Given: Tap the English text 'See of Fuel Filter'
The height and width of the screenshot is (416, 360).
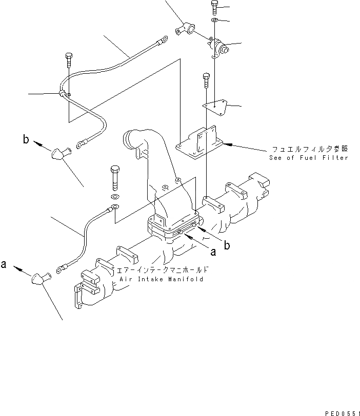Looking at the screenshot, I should tap(308, 158).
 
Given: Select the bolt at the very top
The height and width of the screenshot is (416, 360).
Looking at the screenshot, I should tap(214, 8).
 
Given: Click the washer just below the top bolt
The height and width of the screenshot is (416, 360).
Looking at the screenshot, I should tap(214, 20).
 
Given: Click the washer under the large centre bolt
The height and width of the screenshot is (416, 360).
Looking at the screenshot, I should tap(115, 197).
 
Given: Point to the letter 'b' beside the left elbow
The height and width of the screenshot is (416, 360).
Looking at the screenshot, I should tap(25, 138).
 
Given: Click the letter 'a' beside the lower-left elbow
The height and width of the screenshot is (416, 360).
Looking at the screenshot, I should tap(4, 265).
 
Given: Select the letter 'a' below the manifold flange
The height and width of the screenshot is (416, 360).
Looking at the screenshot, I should tap(213, 251).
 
